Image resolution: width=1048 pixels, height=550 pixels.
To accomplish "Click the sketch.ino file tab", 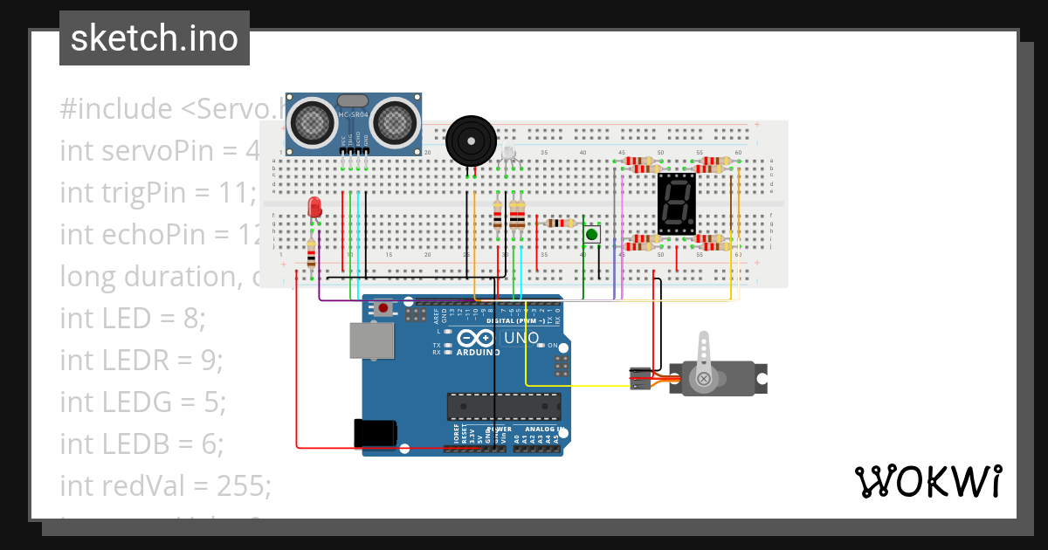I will pyautogui.click(x=155, y=38).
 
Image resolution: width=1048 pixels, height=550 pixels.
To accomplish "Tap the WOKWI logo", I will pyautogui.click(x=927, y=481).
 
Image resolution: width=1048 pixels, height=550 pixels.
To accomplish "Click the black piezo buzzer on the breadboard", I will pyautogui.click(x=471, y=141).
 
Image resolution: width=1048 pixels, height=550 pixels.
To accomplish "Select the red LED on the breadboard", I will pyautogui.click(x=315, y=208).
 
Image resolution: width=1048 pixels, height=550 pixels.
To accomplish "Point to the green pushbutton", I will pyautogui.click(x=592, y=234).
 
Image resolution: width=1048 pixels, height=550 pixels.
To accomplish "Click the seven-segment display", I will pyautogui.click(x=677, y=203).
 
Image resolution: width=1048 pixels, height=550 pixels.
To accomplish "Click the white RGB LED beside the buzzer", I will pyautogui.click(x=508, y=157).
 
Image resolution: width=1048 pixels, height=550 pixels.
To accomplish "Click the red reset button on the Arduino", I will pyautogui.click(x=383, y=307).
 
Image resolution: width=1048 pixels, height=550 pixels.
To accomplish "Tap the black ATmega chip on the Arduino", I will pyautogui.click(x=503, y=406).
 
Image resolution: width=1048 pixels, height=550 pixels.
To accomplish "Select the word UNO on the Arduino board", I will pyautogui.click(x=522, y=338).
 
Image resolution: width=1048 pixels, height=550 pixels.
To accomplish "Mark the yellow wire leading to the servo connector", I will pyautogui.click(x=568, y=385).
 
